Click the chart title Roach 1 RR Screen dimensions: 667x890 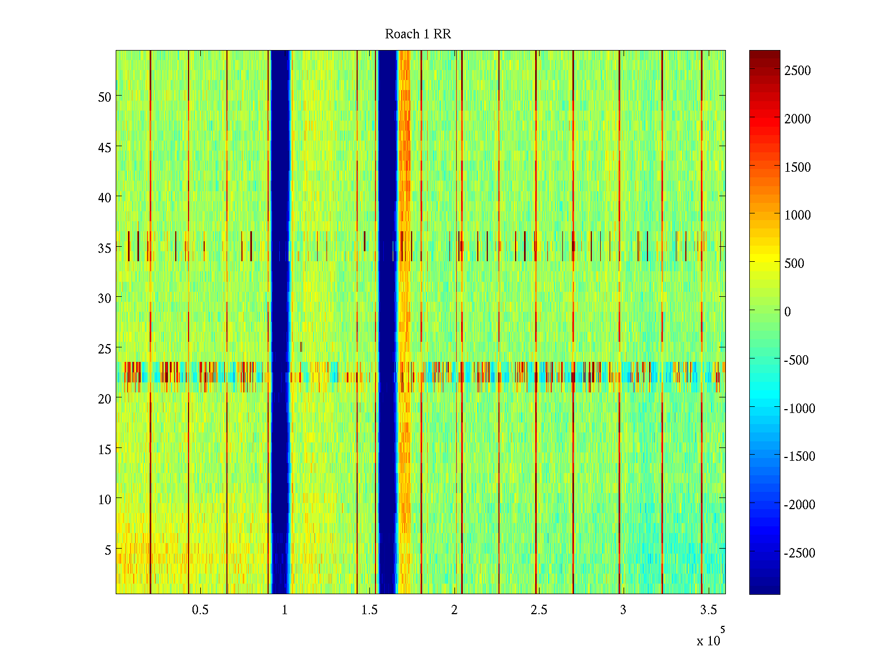(x=418, y=34)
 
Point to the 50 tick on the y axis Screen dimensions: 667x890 (x=105, y=97)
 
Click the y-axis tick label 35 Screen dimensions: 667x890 (x=105, y=248)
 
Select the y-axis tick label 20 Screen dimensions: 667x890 (x=105, y=399)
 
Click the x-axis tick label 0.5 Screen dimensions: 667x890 (x=200, y=610)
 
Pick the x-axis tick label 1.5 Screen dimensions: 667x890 (x=369, y=610)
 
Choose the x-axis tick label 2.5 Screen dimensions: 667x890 (x=538, y=610)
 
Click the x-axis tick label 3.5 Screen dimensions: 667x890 (x=708, y=610)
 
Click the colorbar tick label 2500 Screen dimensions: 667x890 (x=798, y=71)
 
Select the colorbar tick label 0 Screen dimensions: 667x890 (x=788, y=312)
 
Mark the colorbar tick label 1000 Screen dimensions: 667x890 (x=798, y=216)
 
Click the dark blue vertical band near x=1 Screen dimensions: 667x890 (x=280, y=322)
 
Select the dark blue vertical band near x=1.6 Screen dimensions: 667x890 (x=387, y=322)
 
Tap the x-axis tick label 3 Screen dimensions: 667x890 (x=623, y=610)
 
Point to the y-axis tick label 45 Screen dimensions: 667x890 (x=105, y=147)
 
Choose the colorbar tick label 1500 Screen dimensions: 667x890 (x=798, y=167)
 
